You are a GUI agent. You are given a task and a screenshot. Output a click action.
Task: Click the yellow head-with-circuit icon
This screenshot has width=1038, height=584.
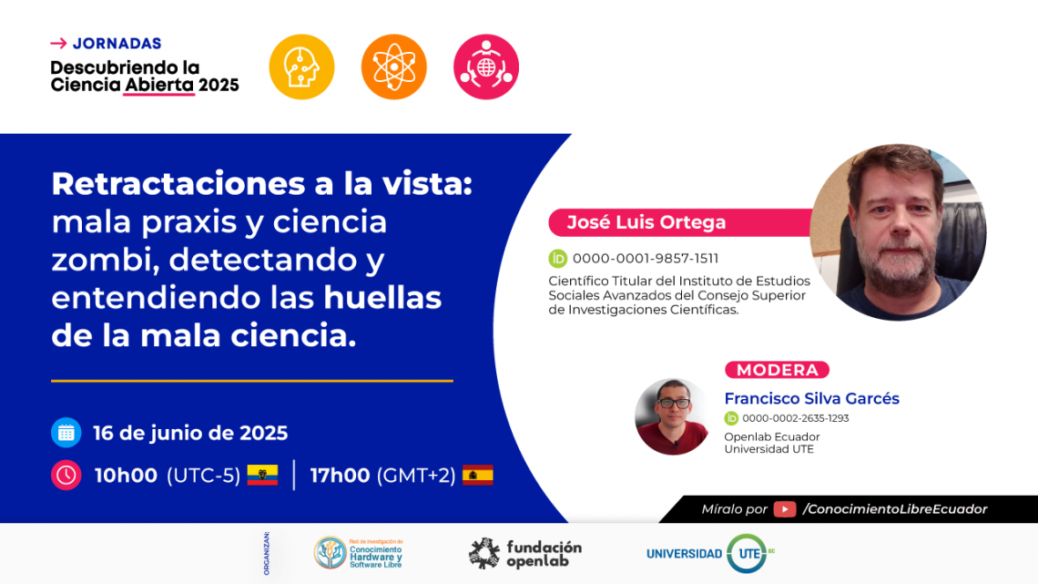coord(302,67)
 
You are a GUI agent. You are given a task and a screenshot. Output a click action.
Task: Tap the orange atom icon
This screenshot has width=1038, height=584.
coord(394,67)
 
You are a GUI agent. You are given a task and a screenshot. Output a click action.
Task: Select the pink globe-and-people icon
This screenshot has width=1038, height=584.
coord(486,67)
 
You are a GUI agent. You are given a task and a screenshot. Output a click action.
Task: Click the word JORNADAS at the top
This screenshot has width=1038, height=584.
coord(117,44)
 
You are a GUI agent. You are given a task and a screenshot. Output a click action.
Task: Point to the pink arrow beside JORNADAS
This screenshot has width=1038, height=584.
coord(58,44)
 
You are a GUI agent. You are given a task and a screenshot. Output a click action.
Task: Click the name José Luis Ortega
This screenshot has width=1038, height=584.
coord(646,222)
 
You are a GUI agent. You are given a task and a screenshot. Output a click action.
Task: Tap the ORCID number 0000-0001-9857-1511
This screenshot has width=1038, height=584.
coord(646,258)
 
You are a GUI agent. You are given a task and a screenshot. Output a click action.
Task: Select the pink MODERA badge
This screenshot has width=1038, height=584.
coord(778,370)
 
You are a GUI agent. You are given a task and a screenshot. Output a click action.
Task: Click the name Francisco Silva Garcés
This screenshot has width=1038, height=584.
coord(811,399)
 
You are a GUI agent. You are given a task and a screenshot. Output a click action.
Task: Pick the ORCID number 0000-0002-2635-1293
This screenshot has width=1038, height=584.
coord(796,418)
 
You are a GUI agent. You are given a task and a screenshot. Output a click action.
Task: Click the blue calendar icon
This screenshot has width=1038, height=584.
coord(66,433)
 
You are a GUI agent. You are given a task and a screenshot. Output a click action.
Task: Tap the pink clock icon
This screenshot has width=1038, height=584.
coord(66,475)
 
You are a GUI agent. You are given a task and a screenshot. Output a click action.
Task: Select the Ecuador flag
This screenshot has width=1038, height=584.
coord(262,475)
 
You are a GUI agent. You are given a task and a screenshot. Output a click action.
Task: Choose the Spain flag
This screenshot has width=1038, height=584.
coord(478,475)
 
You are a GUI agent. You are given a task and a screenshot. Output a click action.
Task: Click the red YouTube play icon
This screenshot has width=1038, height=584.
coord(785,509)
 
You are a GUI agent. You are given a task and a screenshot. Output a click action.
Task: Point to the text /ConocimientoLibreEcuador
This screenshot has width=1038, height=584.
coord(895,509)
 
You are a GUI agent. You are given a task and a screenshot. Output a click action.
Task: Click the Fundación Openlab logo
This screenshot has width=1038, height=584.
coord(525,554)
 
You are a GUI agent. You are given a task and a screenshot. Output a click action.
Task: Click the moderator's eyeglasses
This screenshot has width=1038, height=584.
coord(674,403)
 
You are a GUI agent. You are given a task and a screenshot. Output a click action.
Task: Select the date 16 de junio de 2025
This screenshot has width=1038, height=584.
coord(190,433)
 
